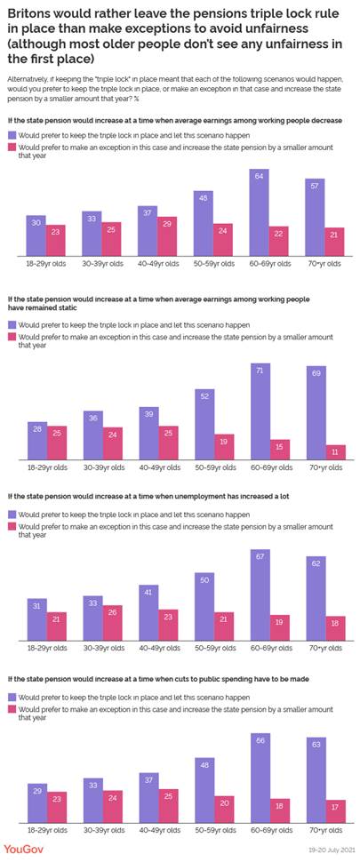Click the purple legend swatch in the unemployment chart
[13, 514]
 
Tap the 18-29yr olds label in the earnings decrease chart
[46, 264]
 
